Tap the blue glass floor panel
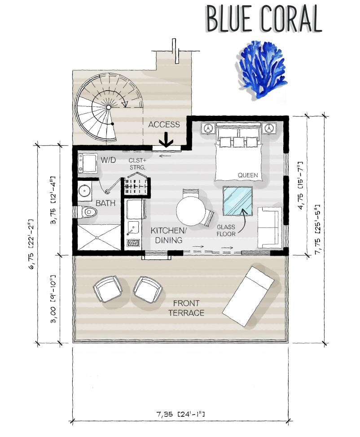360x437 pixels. pyautogui.click(x=237, y=201)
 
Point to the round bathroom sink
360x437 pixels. pyautogui.click(x=84, y=191)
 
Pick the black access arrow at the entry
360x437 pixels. pyautogui.click(x=166, y=140)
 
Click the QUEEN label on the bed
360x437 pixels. pyautogui.click(x=248, y=175)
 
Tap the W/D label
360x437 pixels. pyautogui.click(x=108, y=160)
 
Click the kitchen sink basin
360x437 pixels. pyautogui.click(x=133, y=228)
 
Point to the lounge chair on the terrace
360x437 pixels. pyautogui.click(x=249, y=296)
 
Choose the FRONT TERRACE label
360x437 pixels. pyautogui.click(x=186, y=308)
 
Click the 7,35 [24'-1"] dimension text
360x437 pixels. pyautogui.click(x=180, y=414)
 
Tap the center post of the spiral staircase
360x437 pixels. pyautogui.click(x=109, y=107)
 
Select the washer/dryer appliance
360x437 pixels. pyautogui.click(x=87, y=163)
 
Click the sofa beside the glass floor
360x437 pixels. pyautogui.click(x=268, y=227)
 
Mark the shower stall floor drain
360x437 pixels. pyautogui.click(x=97, y=238)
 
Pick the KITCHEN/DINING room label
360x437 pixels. pyautogui.click(x=168, y=235)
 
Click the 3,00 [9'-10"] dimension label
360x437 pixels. pyautogui.click(x=53, y=299)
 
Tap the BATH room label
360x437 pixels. pyautogui.click(x=105, y=203)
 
